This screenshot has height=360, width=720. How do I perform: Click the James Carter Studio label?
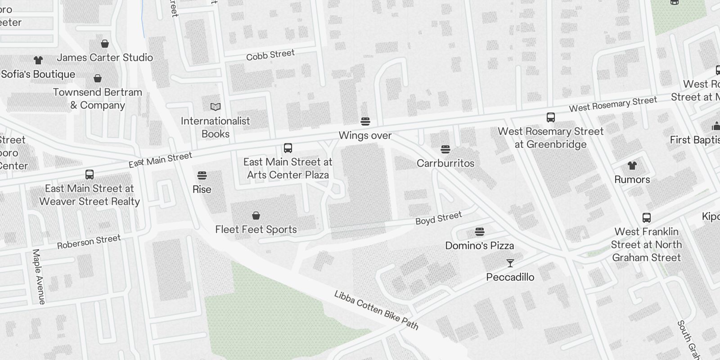pyautogui.click(x=104, y=58)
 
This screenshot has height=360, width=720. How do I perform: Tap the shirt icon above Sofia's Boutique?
pyautogui.click(x=38, y=60)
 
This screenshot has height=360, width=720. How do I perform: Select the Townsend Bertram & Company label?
pyautogui.click(x=98, y=99)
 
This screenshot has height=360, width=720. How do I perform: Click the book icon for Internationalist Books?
pyautogui.click(x=216, y=107)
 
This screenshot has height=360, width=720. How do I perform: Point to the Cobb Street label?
pyautogui.click(x=270, y=55)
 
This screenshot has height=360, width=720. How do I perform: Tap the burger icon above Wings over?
pyautogui.click(x=365, y=121)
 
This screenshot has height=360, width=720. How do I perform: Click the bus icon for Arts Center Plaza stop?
pyautogui.click(x=288, y=148)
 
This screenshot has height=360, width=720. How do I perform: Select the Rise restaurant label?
pyautogui.click(x=202, y=189)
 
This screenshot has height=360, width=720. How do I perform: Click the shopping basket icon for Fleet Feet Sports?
pyautogui.click(x=256, y=216)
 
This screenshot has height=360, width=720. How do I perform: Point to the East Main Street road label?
pyautogui.click(x=160, y=160)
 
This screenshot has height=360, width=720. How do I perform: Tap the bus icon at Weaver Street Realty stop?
pyautogui.click(x=90, y=175)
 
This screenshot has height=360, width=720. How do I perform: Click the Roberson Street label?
pyautogui.click(x=89, y=242)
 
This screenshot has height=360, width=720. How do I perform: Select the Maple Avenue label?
pyautogui.click(x=39, y=277)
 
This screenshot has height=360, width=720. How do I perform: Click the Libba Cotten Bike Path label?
pyautogui.click(x=376, y=310)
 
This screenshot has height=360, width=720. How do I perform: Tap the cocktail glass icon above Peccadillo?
pyautogui.click(x=510, y=263)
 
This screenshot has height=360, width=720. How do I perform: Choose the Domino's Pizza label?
pyautogui.click(x=479, y=246)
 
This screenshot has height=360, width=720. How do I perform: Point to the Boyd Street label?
pyautogui.click(x=438, y=218)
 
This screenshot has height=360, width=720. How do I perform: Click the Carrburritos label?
pyautogui.click(x=445, y=163)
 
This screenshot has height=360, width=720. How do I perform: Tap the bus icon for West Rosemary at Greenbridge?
pyautogui.click(x=550, y=118)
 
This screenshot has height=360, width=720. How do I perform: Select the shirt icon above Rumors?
pyautogui.click(x=632, y=166)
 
